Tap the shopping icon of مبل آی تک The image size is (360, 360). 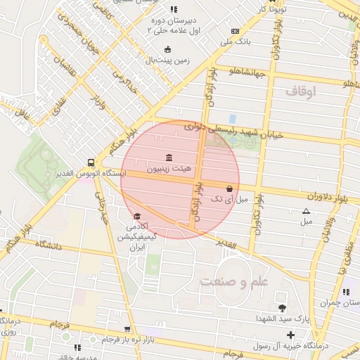231,188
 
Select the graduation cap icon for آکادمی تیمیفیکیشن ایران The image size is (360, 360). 137,216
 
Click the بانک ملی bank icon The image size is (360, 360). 234,31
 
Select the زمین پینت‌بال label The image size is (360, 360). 167,60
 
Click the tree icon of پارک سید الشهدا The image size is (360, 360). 282,308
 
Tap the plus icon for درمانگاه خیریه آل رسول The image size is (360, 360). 291,334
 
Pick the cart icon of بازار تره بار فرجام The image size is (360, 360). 127,328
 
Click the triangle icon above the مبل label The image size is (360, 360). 306,211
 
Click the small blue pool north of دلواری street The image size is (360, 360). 232,119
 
